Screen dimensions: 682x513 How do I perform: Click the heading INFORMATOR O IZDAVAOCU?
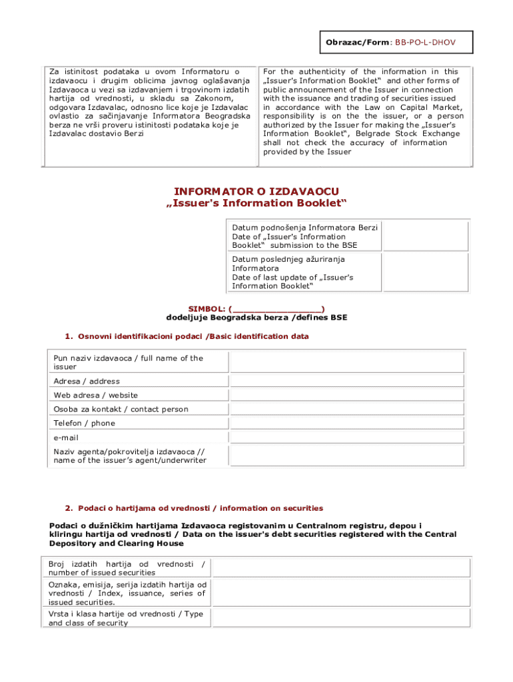pos(256,191)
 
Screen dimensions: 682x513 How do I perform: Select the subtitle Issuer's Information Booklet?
pos(256,202)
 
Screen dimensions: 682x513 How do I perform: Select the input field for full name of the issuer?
pos(346,362)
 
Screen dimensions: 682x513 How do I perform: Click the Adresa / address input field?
pos(346,381)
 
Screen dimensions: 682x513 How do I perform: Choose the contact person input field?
pos(346,409)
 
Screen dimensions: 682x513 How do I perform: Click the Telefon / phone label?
pos(85,423)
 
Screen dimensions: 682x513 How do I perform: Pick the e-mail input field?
pos(346,437)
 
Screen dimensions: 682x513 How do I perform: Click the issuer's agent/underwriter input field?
pos(346,456)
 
